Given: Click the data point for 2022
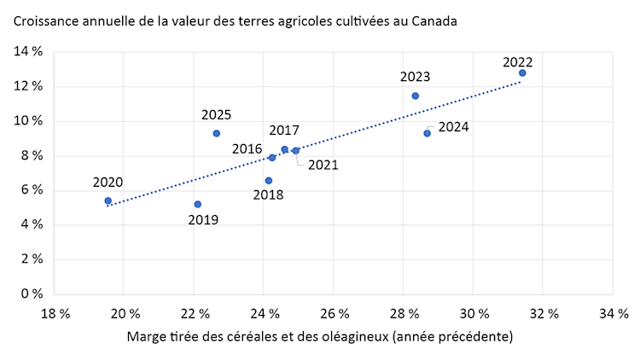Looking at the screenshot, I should coord(522,73).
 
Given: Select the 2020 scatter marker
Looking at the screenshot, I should coord(108,200).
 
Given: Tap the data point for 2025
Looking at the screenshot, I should coord(217,133).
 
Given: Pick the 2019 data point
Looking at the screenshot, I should coord(198,204).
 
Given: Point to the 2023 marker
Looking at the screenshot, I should coord(416,96).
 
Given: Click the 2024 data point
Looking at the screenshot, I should coord(428,133).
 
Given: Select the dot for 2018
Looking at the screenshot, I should coord(269,181).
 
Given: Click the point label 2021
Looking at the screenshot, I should coord(323,165).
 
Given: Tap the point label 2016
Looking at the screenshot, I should coord(247,148).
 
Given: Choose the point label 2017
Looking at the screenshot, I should coord(284,131).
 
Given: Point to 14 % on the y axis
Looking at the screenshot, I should coord(28,52).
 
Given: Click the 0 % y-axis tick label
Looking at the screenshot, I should coord(32,293).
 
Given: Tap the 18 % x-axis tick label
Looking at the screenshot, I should coord(55,313).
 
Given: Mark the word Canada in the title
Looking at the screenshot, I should coord(435,20).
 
